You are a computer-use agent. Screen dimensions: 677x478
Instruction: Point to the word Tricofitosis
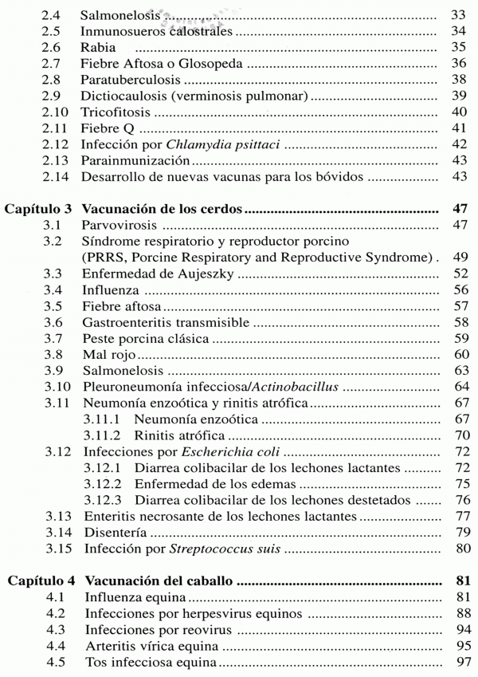[113, 113]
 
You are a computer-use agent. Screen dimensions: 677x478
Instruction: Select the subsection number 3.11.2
[103, 437]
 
